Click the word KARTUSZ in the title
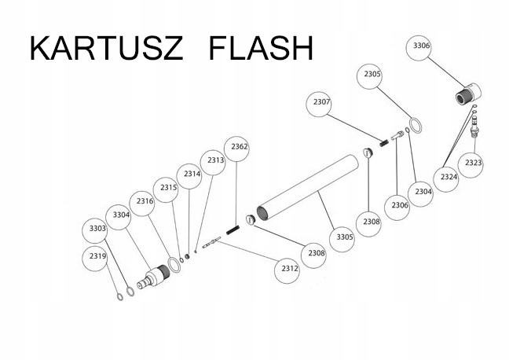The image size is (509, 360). click(106, 48)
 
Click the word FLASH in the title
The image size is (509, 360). click(261, 48)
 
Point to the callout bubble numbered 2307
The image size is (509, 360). click(320, 104)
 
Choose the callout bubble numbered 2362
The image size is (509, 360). click(237, 149)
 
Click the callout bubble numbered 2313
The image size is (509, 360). click(214, 163)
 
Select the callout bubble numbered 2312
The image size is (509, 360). click(287, 270)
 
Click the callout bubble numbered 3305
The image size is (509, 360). click(342, 240)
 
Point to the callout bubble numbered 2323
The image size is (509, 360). click(471, 165)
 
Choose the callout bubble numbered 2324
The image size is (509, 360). click(446, 179)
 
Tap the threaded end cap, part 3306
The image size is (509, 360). click(468, 94)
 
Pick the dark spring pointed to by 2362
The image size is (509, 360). click(233, 230)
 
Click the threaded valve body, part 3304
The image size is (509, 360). click(153, 276)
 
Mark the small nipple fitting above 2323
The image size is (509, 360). click(474, 127)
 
